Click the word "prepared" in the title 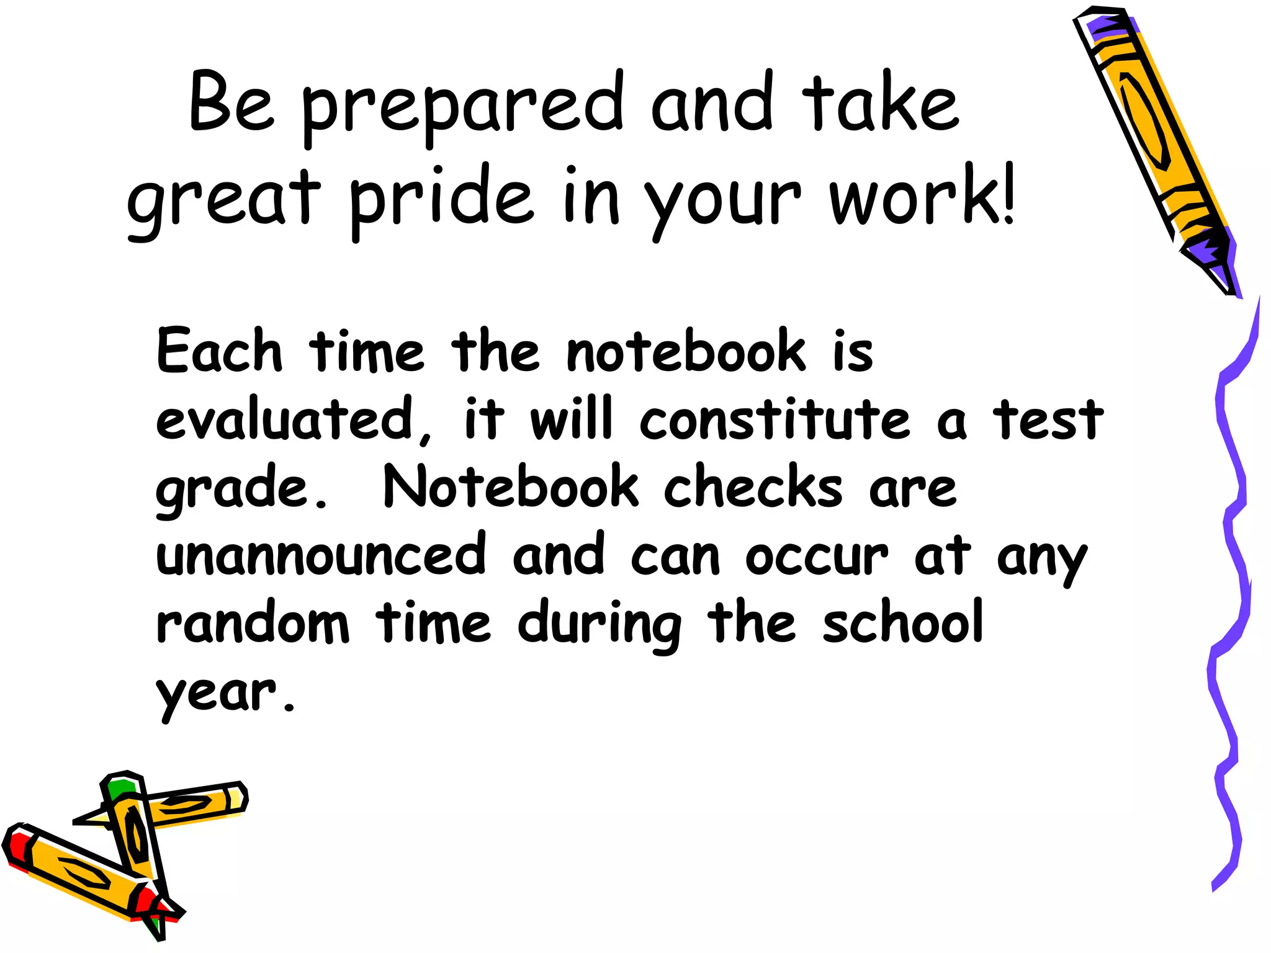click(x=462, y=105)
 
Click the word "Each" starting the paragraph click(x=219, y=351)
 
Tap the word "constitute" click(x=775, y=419)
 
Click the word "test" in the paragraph click(x=1048, y=419)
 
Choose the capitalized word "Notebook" click(x=511, y=487)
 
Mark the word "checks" click(x=753, y=487)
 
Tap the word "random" click(x=253, y=624)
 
